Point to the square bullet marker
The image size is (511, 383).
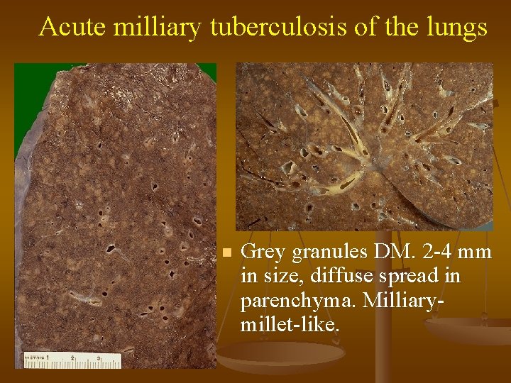pos(226,252)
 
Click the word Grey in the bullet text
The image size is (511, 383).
pos(263,252)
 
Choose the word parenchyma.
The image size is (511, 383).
pos(299,301)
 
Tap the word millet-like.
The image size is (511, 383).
pos(290,325)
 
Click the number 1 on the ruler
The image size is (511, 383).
pos(49,357)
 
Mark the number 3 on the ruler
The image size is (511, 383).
pos(99,357)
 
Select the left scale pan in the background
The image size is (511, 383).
pos(270,355)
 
